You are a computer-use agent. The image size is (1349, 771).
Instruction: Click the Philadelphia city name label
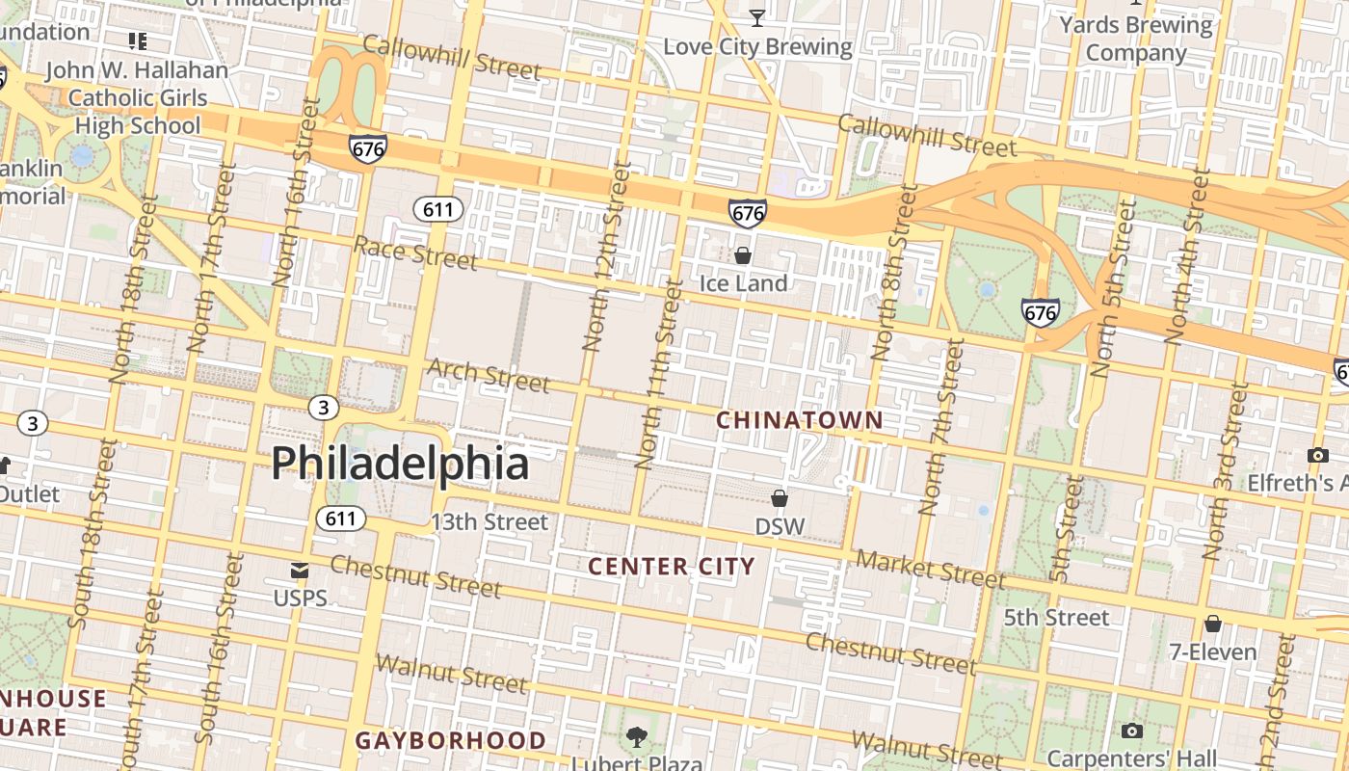[x=400, y=464]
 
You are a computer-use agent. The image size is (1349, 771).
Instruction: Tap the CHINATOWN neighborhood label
[x=799, y=420]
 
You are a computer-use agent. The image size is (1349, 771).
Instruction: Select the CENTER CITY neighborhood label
[x=671, y=566]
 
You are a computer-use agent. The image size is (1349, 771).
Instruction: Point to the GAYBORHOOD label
[x=451, y=740]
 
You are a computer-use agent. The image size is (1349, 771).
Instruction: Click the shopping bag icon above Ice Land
[x=743, y=255]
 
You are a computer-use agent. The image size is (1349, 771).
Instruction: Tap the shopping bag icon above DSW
[x=780, y=498]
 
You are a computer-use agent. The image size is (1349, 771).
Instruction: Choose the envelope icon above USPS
[x=300, y=571]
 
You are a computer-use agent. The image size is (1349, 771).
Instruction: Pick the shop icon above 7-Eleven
[x=1213, y=625]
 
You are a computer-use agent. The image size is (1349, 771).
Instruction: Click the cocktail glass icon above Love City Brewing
[x=757, y=17]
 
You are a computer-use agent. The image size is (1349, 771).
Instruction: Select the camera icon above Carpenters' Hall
[x=1132, y=731]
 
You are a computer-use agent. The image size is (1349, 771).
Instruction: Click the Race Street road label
[x=414, y=253]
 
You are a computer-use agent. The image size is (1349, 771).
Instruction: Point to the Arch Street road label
[x=488, y=376]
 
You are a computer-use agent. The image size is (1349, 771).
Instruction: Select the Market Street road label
[x=930, y=569]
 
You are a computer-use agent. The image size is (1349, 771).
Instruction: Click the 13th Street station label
[x=489, y=522]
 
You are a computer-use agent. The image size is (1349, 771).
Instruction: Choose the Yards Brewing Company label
[x=1135, y=39]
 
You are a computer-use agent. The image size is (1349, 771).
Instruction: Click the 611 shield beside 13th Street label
[x=340, y=518]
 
